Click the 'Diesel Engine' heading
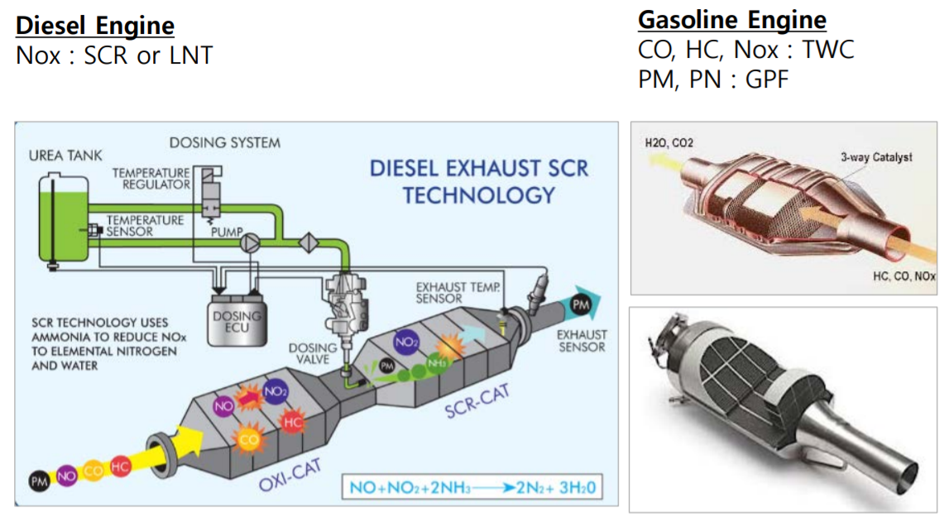(x=95, y=26)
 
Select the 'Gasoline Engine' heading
(x=731, y=20)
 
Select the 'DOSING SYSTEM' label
(x=224, y=142)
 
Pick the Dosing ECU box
(x=236, y=319)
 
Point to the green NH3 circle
(x=436, y=363)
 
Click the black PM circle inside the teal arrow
(x=580, y=307)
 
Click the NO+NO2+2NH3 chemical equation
(x=470, y=487)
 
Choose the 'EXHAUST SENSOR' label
(x=581, y=341)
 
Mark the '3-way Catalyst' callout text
(x=876, y=157)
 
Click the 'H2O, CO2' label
(x=669, y=143)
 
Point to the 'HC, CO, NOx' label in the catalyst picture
(x=903, y=277)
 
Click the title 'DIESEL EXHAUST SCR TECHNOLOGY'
(x=478, y=181)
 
